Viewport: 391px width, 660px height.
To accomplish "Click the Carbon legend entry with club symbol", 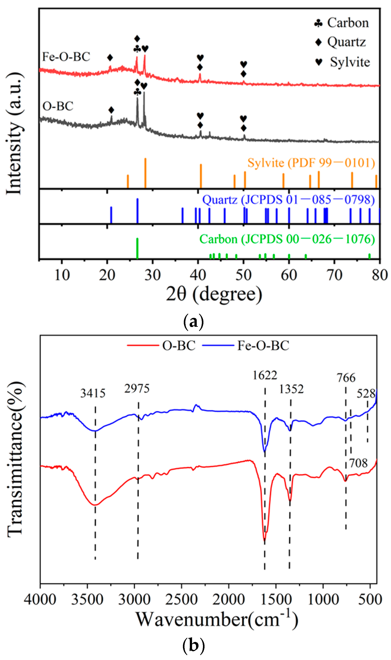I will coord(342,23).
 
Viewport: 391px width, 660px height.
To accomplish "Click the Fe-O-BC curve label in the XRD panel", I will coord(66,57).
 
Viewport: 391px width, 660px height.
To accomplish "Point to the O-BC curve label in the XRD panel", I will coord(58,106).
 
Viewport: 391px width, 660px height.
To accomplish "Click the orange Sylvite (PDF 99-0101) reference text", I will coord(311,163).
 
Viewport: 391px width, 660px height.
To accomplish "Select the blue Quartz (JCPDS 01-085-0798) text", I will coord(288,200).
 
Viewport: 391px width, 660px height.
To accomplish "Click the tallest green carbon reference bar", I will coord(137,248).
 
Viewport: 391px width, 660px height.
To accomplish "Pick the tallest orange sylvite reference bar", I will coord(145,173).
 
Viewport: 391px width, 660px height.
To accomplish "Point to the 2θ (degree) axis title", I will coord(214,294).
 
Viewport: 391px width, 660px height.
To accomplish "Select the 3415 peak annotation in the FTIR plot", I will coord(93,394).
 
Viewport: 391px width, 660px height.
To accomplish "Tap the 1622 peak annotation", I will coord(265,375).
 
